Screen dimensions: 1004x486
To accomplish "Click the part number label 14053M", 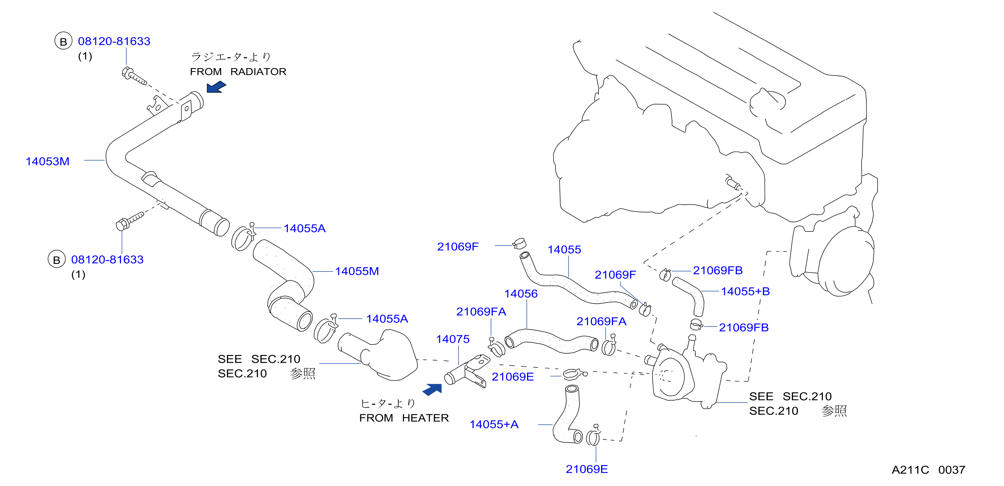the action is tap(47, 161).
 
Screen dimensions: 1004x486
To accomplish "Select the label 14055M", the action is tap(357, 271).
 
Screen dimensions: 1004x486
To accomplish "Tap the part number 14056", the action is tap(521, 294).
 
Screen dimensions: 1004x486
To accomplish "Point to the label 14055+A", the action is tap(494, 424).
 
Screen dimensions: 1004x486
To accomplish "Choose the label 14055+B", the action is tap(745, 291).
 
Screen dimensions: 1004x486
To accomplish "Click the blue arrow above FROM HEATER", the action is tap(432, 389).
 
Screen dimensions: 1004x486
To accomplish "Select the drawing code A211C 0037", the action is tap(928, 470).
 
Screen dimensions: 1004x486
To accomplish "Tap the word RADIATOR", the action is tap(258, 72).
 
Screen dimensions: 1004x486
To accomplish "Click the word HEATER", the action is tap(425, 418).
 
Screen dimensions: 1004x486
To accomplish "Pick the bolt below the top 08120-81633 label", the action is tap(134, 76).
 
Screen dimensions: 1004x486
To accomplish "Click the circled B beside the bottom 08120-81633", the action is tap(57, 260).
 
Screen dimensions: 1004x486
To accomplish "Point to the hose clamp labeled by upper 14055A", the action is tap(243, 237).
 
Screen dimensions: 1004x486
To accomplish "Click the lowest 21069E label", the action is tap(587, 469).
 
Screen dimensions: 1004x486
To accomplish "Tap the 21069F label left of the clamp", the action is tap(458, 247).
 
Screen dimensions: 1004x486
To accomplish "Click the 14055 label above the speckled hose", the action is tap(564, 250).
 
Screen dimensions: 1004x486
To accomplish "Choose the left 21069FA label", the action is tap(481, 312).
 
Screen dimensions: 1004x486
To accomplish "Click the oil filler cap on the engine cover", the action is tap(767, 103).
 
